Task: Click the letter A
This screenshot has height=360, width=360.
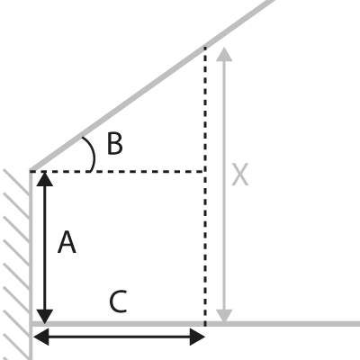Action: [x=67, y=242]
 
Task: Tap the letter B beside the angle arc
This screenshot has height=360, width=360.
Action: [x=115, y=144]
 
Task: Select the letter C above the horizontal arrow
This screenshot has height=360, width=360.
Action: [x=118, y=301]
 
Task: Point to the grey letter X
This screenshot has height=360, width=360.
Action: [x=240, y=175]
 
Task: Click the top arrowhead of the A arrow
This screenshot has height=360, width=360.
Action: [x=45, y=179]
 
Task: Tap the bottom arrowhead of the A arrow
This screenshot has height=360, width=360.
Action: [x=45, y=317]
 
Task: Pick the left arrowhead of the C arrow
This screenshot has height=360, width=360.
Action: [x=41, y=337]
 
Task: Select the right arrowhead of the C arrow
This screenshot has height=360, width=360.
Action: [x=197, y=337]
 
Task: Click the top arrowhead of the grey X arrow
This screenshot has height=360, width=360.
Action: [x=224, y=55]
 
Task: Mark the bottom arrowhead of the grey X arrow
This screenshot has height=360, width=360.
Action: [x=224, y=317]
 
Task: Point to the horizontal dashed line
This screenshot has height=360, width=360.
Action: [x=117, y=171]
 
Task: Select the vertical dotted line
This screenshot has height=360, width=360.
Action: [x=205, y=186]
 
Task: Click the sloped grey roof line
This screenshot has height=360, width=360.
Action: [x=151, y=85]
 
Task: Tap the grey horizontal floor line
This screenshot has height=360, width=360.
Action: [x=195, y=324]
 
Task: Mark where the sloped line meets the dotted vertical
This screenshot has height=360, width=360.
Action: [x=205, y=47]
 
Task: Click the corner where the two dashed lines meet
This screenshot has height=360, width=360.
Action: [x=205, y=171]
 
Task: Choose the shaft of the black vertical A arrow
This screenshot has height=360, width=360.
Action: [x=45, y=247]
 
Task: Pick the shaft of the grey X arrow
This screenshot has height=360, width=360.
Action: [x=224, y=185]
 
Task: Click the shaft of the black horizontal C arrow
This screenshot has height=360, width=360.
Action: [x=119, y=337]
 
